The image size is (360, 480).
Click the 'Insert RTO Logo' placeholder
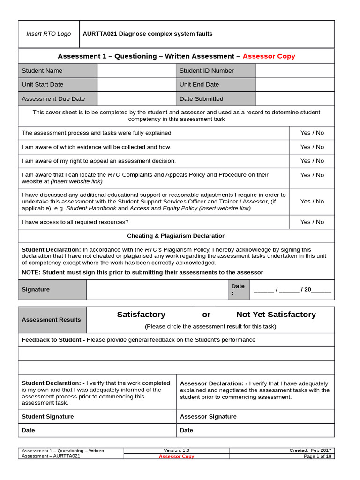coord(49,34)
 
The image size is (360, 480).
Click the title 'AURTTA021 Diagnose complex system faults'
coord(148,34)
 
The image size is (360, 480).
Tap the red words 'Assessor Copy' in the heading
coord(269,56)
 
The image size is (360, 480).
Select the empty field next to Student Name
coord(136,71)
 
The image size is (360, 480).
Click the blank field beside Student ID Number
coord(295,71)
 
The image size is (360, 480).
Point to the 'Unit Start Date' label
coord(43,85)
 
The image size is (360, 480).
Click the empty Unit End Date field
coord(295,85)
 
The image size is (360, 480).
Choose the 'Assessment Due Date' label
coord(53,99)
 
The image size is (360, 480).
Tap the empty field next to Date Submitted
coord(295,99)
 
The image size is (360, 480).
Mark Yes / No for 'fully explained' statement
coord(312,133)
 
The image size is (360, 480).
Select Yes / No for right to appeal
coord(312,161)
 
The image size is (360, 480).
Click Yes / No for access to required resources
coord(312,222)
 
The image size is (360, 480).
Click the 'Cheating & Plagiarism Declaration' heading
coord(176,236)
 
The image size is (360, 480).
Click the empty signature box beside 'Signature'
coord(157,290)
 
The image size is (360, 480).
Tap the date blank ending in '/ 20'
coord(292,290)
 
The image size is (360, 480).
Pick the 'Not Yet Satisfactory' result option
coord(276,315)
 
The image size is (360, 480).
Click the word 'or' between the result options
coord(206,315)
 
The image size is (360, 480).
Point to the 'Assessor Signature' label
coord(208,417)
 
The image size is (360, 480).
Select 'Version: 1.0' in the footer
coord(176,450)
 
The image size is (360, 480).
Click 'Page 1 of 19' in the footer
coord(317,456)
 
